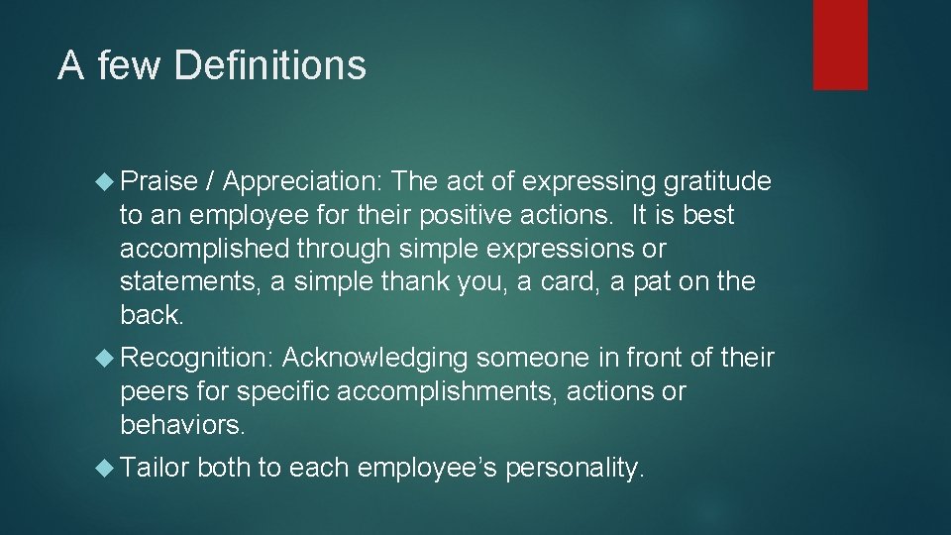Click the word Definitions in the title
tap(269, 66)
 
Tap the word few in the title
tap(127, 66)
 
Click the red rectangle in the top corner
tap(840, 45)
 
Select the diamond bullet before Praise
tap(107, 182)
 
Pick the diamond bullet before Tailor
tap(107, 468)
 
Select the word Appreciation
tap(303, 181)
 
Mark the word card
tap(568, 282)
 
